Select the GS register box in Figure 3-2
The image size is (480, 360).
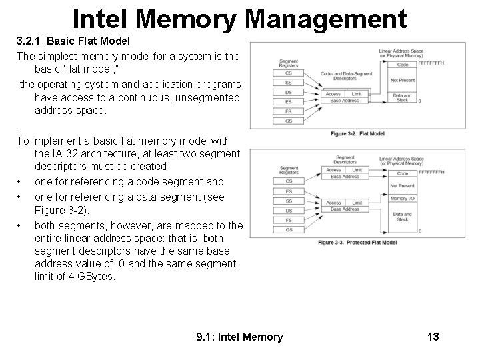coord(289,121)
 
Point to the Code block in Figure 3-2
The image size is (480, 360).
coord(402,65)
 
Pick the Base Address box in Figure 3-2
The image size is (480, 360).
coord(344,101)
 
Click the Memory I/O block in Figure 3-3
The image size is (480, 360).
coord(402,199)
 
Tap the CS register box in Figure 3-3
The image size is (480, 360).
coord(289,181)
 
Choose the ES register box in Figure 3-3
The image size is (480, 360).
coord(289,191)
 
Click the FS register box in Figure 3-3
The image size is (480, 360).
coord(289,219)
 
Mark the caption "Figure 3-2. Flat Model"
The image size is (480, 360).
coord(358,134)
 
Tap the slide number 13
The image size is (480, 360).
coord(433,337)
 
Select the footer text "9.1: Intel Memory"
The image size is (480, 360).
coord(239,337)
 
